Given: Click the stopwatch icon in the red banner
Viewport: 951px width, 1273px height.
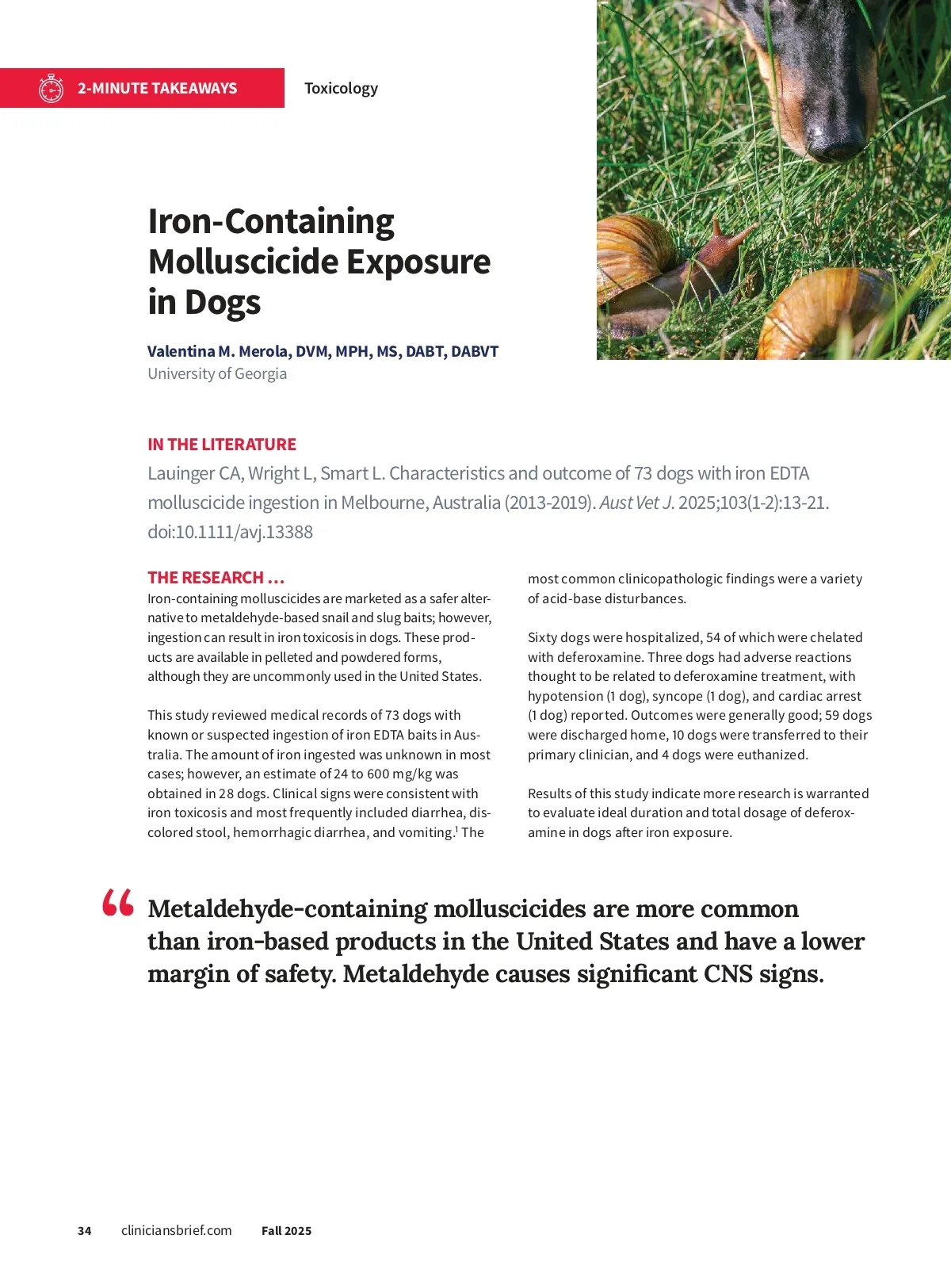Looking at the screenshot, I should pos(51,88).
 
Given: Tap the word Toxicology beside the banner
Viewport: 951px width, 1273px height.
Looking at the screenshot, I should pos(341,88).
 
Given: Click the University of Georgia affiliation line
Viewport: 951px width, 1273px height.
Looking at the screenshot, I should pos(217,373).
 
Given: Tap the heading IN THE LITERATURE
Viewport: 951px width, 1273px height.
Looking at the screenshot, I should pos(222,444).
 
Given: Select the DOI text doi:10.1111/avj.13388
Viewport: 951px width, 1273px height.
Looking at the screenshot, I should pos(230,532).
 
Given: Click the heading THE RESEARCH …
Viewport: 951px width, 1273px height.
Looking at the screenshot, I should pos(216,577).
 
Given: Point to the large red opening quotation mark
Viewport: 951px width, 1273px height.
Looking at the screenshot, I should pos(118,903).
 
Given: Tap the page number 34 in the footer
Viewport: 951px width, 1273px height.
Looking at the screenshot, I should pos(85,1231).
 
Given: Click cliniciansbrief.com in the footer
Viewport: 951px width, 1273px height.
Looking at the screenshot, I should pos(177,1230).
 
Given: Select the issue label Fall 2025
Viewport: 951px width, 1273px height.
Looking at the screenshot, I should pos(286,1231).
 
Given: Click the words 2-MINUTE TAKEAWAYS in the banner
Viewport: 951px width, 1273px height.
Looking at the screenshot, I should pos(157,88).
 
